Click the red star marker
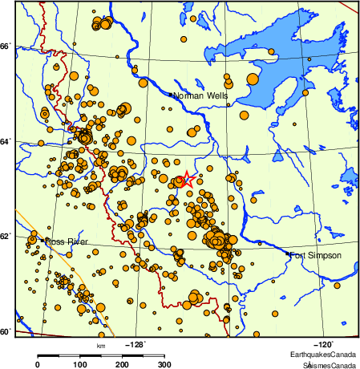pos(186,179)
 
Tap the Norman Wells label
pos(200,95)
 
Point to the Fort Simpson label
pos(316,255)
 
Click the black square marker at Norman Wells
pos(171,95)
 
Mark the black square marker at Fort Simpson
pos(289,253)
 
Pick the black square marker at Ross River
pos(42,240)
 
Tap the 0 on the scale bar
pos(38,364)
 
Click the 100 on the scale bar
pos(80,364)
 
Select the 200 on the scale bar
pos(123,364)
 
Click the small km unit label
pos(101,346)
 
